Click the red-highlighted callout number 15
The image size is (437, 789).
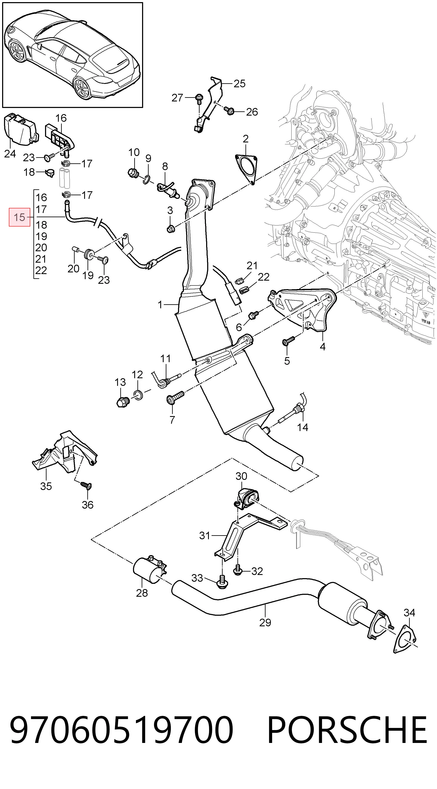pos(19,217)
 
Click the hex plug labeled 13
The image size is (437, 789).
pos(123,401)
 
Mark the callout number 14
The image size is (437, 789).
pos(303,427)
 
